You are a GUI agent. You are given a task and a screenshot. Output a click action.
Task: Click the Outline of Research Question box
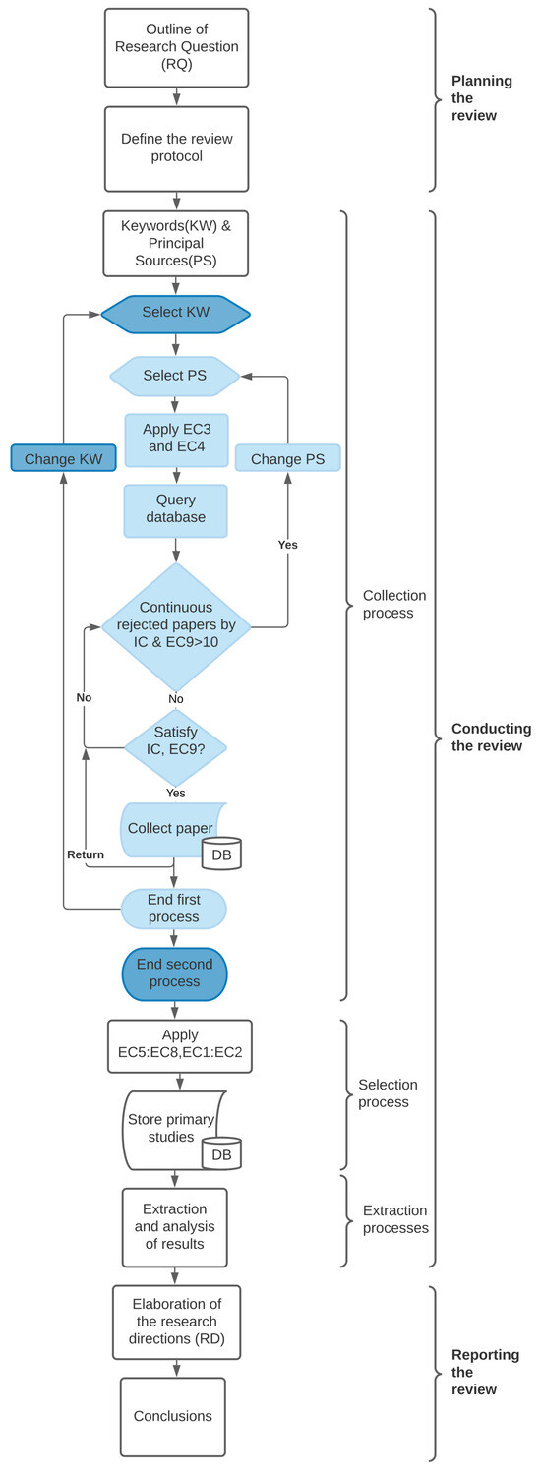point(176,46)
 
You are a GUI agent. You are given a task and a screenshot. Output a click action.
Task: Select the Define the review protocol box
point(176,148)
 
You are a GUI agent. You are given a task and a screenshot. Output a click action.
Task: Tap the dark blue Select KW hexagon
point(175,314)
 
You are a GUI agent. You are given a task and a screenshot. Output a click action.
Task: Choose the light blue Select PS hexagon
point(175,376)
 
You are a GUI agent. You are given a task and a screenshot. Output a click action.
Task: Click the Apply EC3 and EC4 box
point(176,438)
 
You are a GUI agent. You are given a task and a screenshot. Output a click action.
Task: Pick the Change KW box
point(64,458)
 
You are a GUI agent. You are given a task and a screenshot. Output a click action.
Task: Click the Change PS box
point(288,458)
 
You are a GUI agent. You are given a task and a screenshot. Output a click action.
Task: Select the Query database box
point(175,510)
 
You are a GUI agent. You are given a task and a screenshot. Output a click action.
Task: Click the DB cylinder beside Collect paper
point(221,854)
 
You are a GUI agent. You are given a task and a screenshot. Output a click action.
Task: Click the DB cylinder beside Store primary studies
point(221,1153)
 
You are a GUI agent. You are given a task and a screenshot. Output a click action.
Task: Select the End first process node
point(174,908)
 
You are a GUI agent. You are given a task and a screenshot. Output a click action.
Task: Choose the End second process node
point(174,973)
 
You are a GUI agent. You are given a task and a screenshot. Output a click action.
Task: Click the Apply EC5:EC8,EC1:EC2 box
point(179,1044)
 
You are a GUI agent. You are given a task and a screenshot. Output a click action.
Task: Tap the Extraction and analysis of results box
point(175,1226)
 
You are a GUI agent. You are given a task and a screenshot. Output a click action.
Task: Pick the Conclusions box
point(173,1416)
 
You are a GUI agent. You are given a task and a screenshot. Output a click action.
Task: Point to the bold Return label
point(86,854)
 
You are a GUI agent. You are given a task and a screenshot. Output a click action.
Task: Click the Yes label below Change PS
point(287,544)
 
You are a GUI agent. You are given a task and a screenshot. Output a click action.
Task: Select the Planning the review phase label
point(480,98)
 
